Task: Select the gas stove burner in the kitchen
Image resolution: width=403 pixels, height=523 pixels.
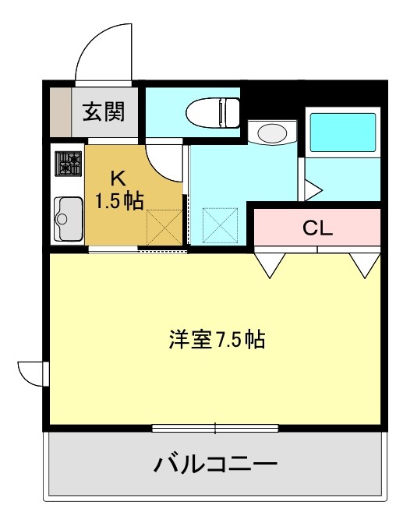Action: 68,164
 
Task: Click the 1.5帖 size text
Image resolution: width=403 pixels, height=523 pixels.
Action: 118,202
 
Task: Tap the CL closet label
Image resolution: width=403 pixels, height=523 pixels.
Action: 317,228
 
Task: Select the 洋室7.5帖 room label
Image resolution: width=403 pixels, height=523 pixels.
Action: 216,340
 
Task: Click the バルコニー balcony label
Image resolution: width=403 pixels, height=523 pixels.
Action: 215,465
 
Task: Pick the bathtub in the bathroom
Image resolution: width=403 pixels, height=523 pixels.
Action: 344,133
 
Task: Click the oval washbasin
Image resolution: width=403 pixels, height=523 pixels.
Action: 271,133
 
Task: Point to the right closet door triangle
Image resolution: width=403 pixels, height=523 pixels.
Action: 363,266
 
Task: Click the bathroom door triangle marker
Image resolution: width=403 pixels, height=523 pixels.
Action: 312,189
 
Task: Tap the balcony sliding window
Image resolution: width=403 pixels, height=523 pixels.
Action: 215,427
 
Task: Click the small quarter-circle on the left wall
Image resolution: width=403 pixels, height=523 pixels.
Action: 31,373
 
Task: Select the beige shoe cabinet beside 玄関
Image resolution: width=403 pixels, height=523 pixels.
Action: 60,112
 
